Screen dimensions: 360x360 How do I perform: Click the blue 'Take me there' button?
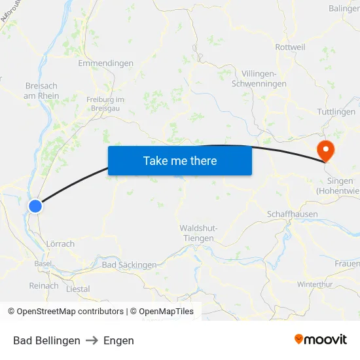coord(180,160)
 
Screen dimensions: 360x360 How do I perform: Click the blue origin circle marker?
coord(35,206)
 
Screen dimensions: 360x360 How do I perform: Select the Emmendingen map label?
coord(105,63)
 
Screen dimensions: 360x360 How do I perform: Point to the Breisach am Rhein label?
coord(41,91)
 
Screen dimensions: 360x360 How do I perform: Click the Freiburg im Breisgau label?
coord(105,103)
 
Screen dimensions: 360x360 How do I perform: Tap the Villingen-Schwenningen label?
coord(264,79)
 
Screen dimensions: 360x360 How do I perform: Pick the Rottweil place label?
coord(291,47)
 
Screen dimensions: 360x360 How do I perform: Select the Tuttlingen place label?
coord(336,112)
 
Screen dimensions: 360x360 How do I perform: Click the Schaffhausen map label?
coord(292,214)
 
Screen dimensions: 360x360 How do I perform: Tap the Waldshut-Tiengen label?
coord(198,233)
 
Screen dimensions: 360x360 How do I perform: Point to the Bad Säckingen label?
coord(130,265)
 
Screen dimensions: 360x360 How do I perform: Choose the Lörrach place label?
coord(60,243)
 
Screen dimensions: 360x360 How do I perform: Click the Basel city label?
coord(43,263)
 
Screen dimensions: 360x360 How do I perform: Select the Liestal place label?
coord(79,289)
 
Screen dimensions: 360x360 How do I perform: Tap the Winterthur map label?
coord(315,284)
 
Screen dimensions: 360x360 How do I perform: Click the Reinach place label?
coord(44,285)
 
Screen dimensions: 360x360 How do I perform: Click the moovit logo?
coord(320,340)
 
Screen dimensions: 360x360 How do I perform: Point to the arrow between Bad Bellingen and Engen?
coord(92,340)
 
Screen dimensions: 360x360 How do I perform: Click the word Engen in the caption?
coord(118,340)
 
